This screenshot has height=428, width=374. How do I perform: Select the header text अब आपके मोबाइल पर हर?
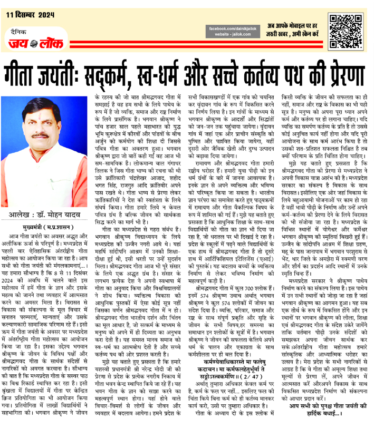point(296,26)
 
